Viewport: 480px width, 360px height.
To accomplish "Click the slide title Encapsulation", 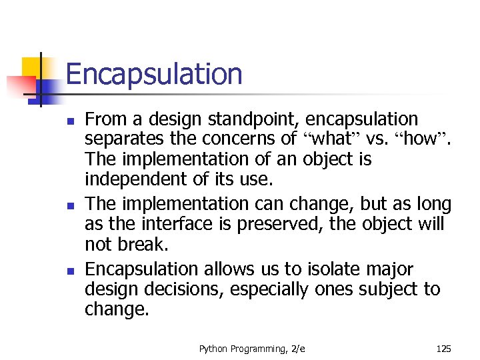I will click(x=154, y=74).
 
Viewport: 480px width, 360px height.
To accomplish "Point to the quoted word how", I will click(x=420, y=139).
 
